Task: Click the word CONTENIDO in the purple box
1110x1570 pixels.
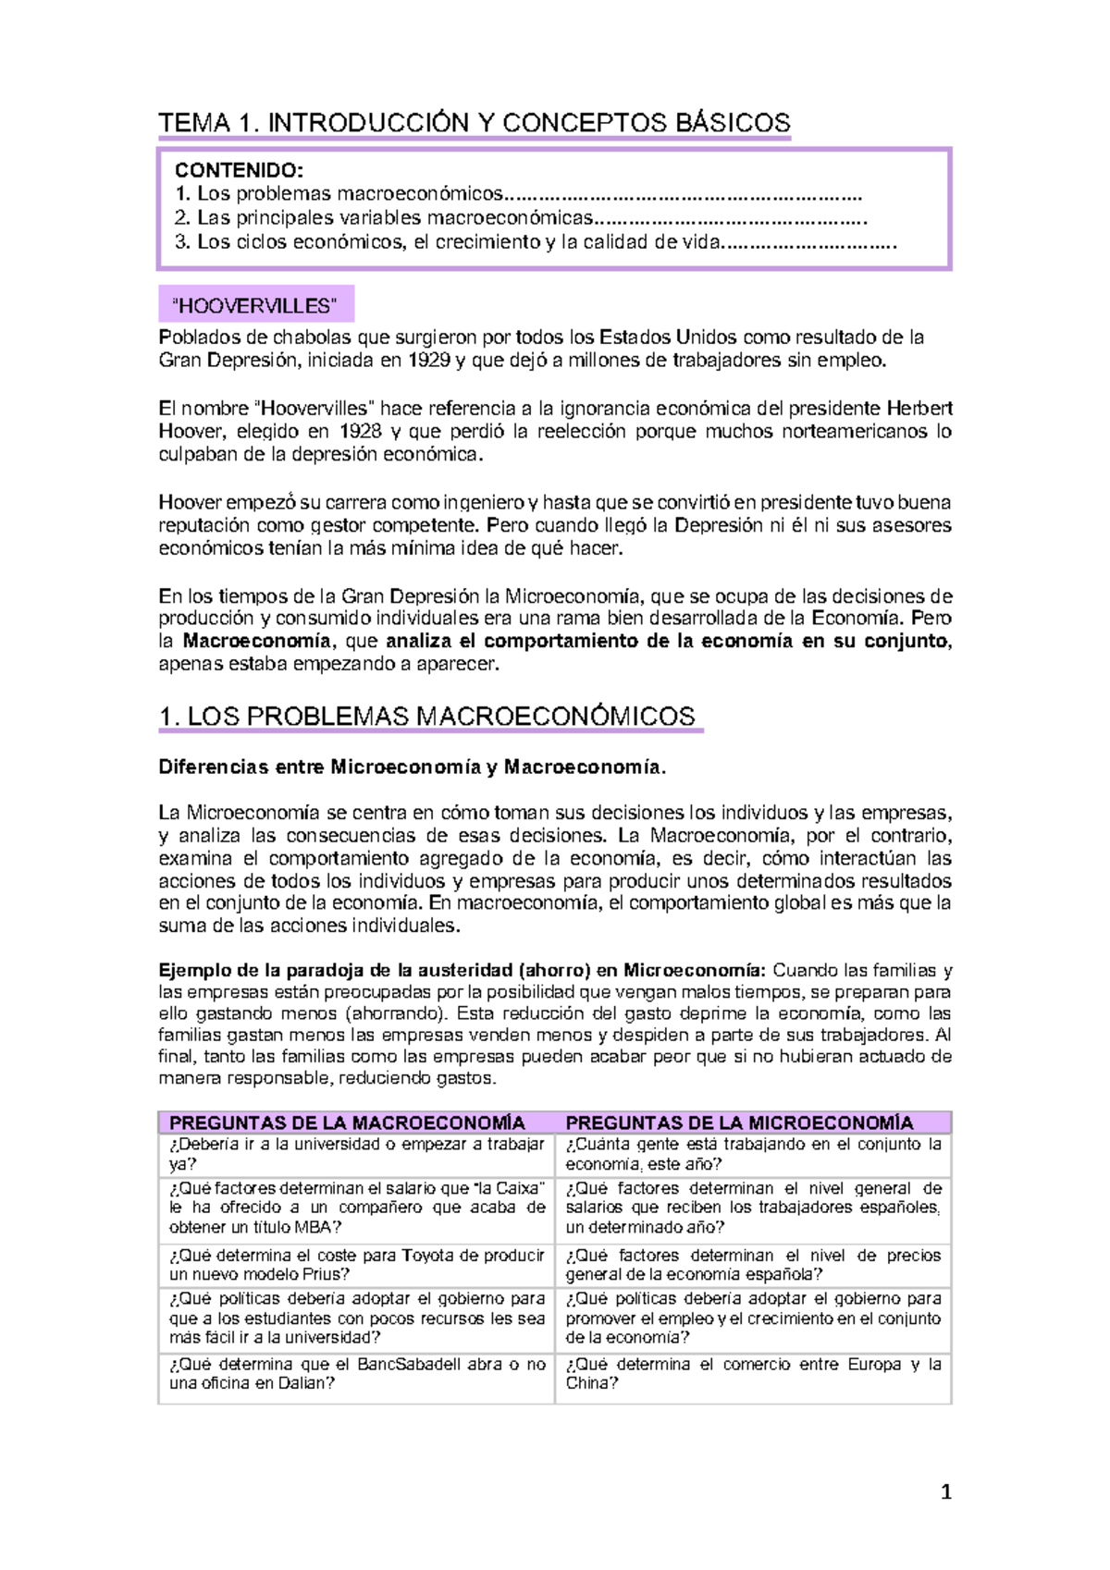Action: [x=238, y=170]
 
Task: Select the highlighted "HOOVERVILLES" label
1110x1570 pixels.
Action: [x=256, y=305]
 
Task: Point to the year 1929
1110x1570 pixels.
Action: [x=429, y=361]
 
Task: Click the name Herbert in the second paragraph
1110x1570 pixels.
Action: [x=919, y=408]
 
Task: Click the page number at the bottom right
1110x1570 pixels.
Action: [x=945, y=1491]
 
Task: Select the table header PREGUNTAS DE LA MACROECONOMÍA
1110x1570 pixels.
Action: [x=347, y=1122]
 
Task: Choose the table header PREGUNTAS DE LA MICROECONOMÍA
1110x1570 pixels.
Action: [x=739, y=1122]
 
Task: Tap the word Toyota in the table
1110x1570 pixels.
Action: [x=428, y=1256]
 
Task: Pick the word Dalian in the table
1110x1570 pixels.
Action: [x=303, y=1383]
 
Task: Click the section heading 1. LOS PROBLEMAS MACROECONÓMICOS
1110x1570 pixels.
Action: [x=426, y=717]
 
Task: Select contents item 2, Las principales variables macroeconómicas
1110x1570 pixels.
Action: [x=383, y=218]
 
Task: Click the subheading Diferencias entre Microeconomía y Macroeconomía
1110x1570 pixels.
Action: [x=412, y=767]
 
